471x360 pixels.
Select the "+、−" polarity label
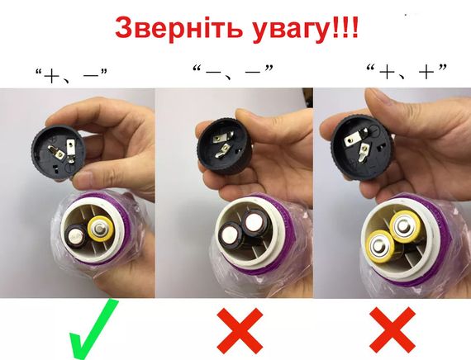(73, 76)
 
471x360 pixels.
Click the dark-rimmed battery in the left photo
(75, 240)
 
